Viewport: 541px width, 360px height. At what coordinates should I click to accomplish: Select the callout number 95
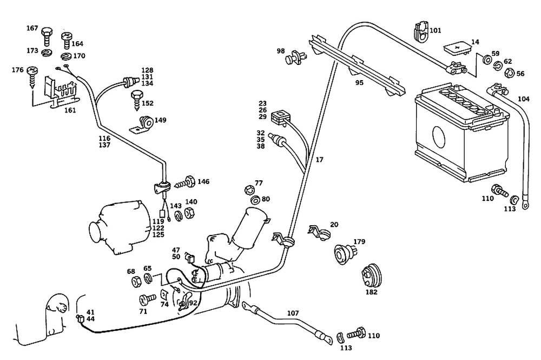point(359,83)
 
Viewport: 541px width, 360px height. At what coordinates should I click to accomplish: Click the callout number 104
point(524,99)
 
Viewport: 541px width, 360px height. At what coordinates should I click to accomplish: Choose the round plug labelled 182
point(371,274)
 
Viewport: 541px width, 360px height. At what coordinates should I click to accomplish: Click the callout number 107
point(293,313)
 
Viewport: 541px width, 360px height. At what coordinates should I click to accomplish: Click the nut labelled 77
point(249,190)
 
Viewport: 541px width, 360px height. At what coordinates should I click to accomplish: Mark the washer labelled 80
point(255,200)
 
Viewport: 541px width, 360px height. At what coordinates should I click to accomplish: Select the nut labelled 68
point(136,281)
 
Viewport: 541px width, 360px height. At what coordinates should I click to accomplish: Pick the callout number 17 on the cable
point(319,160)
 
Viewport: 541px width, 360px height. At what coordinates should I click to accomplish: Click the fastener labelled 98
point(295,56)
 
